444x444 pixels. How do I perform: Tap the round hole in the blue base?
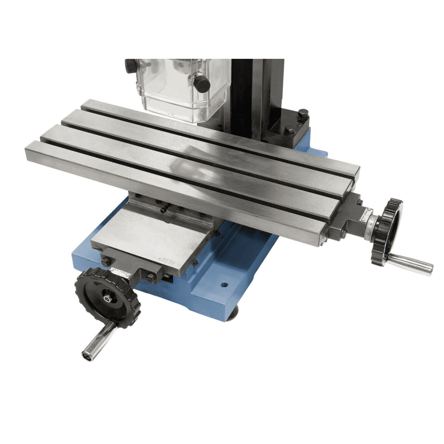pos(223,286)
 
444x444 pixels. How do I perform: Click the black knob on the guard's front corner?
pos(202,84)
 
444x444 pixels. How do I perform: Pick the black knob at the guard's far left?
pos(131,66)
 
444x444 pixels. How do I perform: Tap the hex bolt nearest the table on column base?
pos(290,130)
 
